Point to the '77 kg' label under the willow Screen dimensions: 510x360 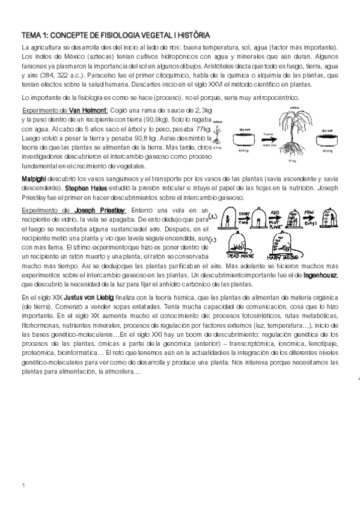(x=293, y=161)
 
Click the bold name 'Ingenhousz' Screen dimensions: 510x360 (x=320, y=275)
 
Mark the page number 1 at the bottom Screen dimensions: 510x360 (x=23, y=485)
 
